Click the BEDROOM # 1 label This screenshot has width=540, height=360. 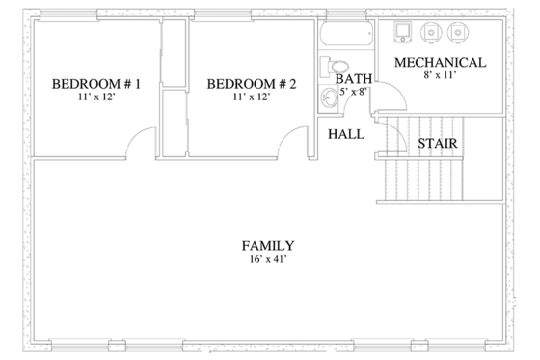[x=96, y=85]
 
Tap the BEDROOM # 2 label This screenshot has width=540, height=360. [x=252, y=85]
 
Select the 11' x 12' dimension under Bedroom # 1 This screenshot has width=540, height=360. [x=96, y=98]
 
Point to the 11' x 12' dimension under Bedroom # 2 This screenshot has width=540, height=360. [x=252, y=98]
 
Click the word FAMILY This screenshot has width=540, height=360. [x=268, y=246]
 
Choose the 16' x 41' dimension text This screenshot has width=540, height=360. [x=268, y=260]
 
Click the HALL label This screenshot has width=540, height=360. [x=346, y=134]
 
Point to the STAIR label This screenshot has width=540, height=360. [x=437, y=145]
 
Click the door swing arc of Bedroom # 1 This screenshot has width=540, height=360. [x=142, y=142]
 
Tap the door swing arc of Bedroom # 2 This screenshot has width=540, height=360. [x=294, y=142]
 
